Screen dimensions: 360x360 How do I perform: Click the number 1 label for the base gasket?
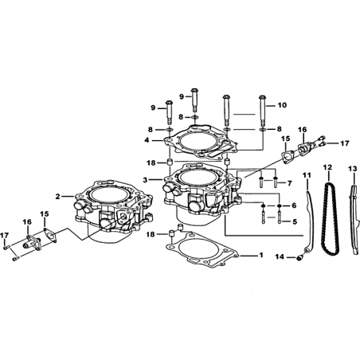point(261,255)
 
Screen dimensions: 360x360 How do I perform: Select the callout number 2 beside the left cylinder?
point(58,197)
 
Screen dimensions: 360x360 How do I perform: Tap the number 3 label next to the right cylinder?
point(145,180)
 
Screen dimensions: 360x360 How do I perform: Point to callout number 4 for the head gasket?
point(147,140)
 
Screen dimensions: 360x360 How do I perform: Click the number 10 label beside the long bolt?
point(283,105)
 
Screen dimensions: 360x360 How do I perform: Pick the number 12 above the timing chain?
point(327,167)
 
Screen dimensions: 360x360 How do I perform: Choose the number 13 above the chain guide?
point(353,168)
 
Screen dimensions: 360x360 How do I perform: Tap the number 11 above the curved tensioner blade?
point(307,175)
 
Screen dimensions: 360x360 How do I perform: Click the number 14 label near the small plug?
point(280,256)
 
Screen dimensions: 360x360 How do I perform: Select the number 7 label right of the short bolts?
point(289,183)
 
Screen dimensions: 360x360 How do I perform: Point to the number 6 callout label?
point(294,205)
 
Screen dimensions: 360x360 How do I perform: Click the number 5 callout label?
point(295,221)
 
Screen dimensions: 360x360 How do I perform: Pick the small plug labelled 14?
point(299,257)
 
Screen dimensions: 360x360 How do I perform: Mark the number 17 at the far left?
point(5,236)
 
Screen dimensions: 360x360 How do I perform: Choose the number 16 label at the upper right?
point(302,130)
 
